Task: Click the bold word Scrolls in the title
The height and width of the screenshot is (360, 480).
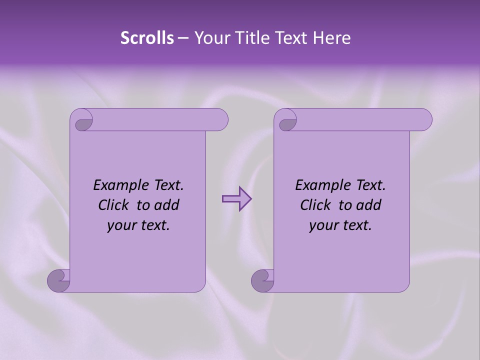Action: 147,38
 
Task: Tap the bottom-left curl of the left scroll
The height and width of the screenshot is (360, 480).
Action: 58,280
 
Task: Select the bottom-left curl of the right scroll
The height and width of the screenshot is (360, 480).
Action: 262,280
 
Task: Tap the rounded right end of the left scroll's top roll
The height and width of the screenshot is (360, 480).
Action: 220,119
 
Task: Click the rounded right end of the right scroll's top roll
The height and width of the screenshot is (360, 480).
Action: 424,119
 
